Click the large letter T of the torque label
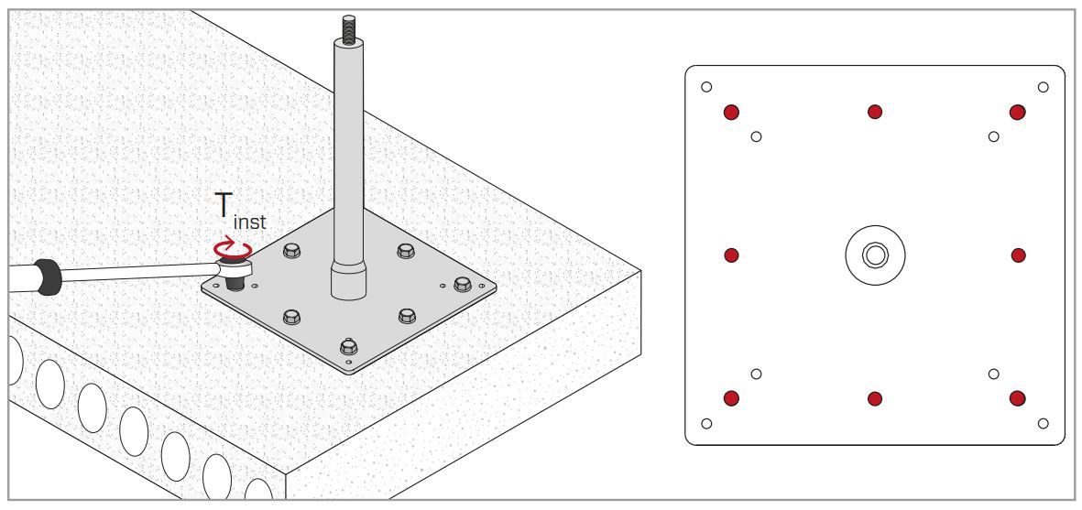[224, 206]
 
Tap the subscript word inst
[250, 222]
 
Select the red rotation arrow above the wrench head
[234, 249]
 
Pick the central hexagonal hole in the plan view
[875, 255]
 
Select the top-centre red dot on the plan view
[875, 112]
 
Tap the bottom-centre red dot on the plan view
[875, 398]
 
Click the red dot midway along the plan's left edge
[731, 255]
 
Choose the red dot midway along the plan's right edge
[1018, 255]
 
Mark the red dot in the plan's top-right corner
[1017, 112]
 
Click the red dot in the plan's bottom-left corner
[731, 397]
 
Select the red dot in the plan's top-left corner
[731, 112]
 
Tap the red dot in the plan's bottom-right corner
[1017, 397]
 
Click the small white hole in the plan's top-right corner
[1043, 87]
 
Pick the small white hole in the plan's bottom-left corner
[706, 423]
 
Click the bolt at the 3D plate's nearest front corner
[348, 346]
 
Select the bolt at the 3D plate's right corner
[463, 284]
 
